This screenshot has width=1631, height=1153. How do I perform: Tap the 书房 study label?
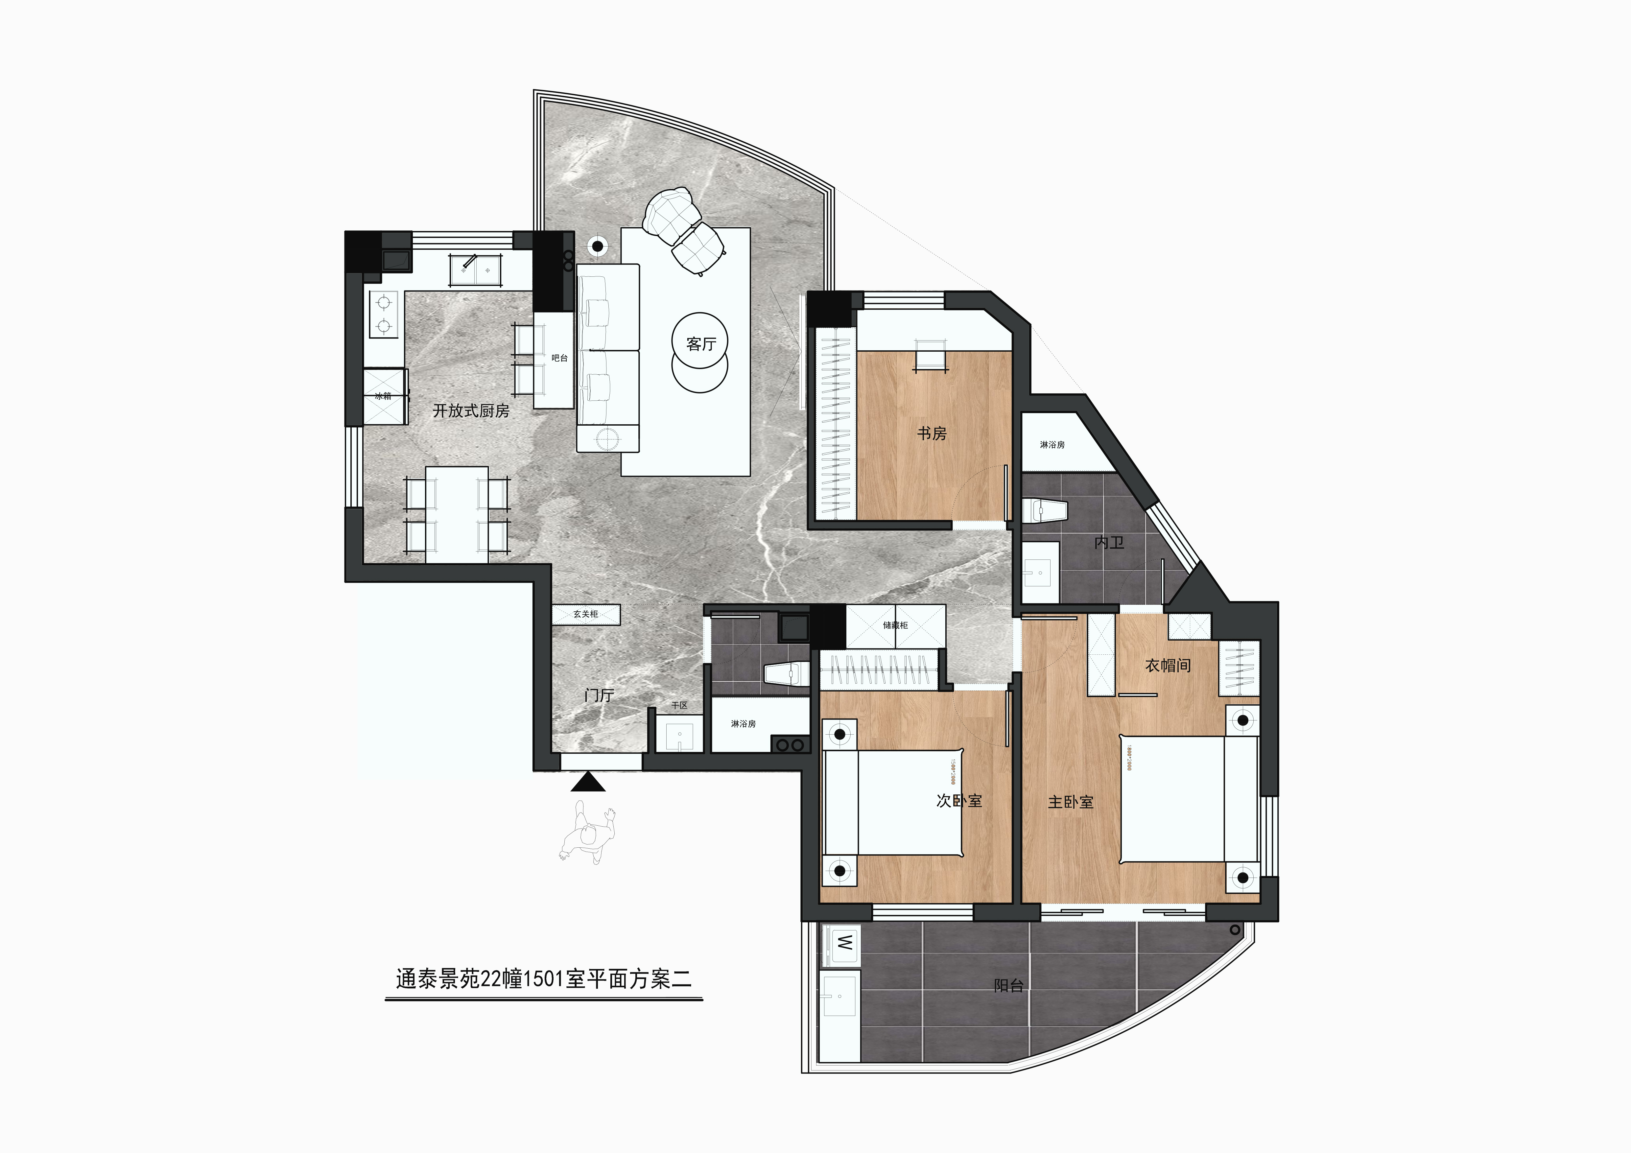tap(931, 433)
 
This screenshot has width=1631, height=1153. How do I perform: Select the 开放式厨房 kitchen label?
tap(471, 411)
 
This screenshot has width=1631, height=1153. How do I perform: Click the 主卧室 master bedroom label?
tap(1071, 802)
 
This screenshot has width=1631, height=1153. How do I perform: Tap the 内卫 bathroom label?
tap(1109, 543)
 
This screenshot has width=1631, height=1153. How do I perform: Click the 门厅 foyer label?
tap(599, 695)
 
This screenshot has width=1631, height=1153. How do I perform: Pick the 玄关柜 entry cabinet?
tap(586, 614)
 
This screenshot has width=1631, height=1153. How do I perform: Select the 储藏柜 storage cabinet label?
tap(895, 625)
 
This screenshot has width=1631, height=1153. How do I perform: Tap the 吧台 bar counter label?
tap(560, 358)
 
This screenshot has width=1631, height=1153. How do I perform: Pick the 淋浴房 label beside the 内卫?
tap(1052, 445)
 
